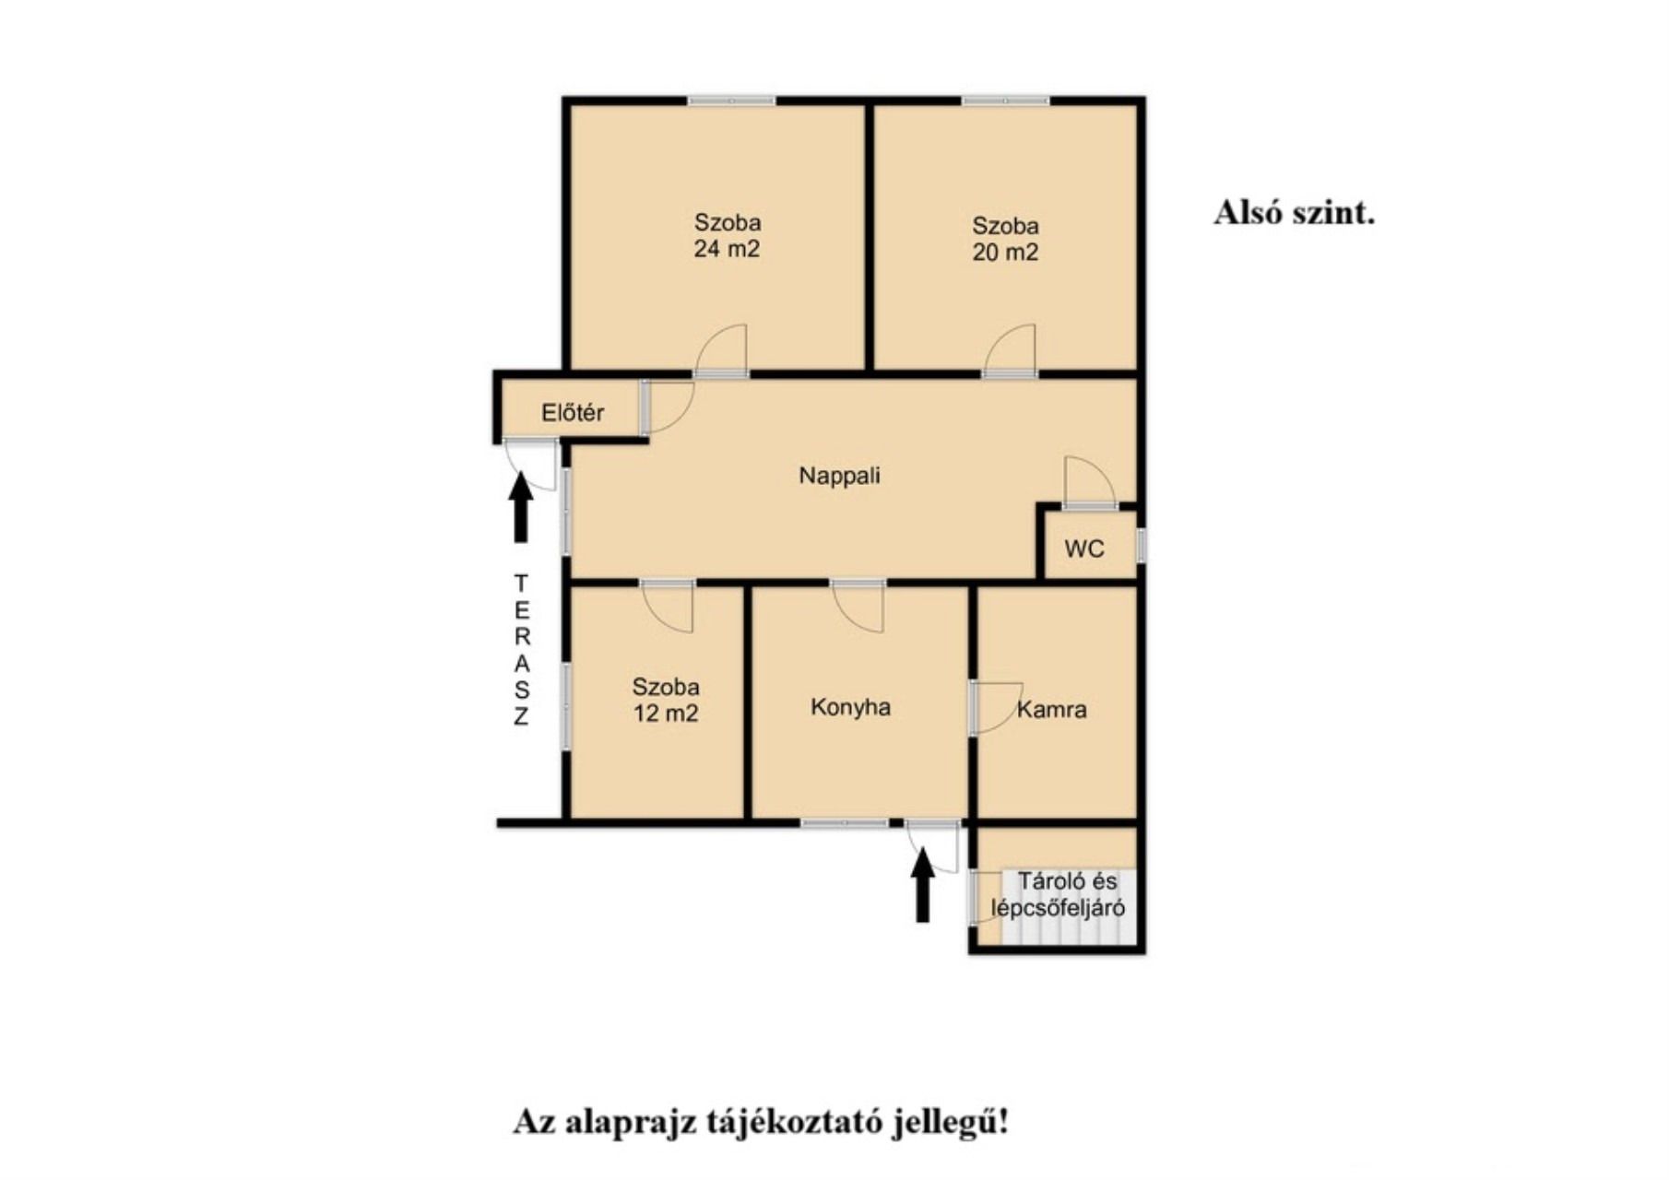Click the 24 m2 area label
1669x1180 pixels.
(x=727, y=249)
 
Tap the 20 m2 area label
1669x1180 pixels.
(x=1005, y=252)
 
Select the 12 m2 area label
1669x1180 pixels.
(x=665, y=713)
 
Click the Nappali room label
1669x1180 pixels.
(x=839, y=476)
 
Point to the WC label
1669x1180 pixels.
(x=1084, y=549)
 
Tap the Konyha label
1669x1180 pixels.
(x=850, y=707)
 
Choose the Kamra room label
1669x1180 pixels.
(x=1052, y=710)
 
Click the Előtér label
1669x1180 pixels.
(x=573, y=412)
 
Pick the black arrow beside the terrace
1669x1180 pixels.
(x=521, y=506)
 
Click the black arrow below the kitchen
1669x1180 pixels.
(x=922, y=885)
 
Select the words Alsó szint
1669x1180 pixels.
(x=1294, y=213)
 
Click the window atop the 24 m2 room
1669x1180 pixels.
(x=731, y=100)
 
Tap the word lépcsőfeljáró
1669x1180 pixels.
(x=1058, y=908)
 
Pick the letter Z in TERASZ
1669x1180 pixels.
(x=521, y=716)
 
